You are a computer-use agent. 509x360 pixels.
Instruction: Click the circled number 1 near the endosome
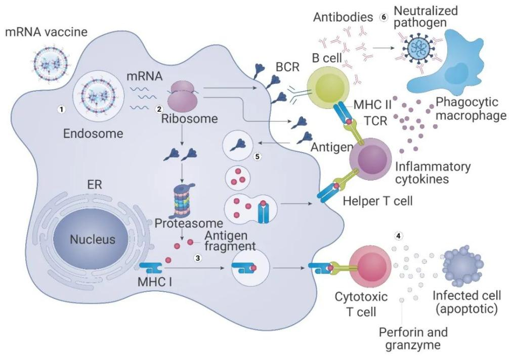61,109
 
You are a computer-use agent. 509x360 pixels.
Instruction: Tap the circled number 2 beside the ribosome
159,109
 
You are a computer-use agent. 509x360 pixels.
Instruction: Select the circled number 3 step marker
197,258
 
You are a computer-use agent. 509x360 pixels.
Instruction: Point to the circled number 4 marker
398,236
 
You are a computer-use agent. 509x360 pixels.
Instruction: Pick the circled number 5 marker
258,156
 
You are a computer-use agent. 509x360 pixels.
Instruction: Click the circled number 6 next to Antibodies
384,17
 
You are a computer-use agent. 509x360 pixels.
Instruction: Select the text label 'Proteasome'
189,223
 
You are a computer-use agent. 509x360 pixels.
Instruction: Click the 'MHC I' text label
155,282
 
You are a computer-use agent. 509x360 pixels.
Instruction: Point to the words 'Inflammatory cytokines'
433,172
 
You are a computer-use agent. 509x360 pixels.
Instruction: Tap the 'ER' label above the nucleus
95,185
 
